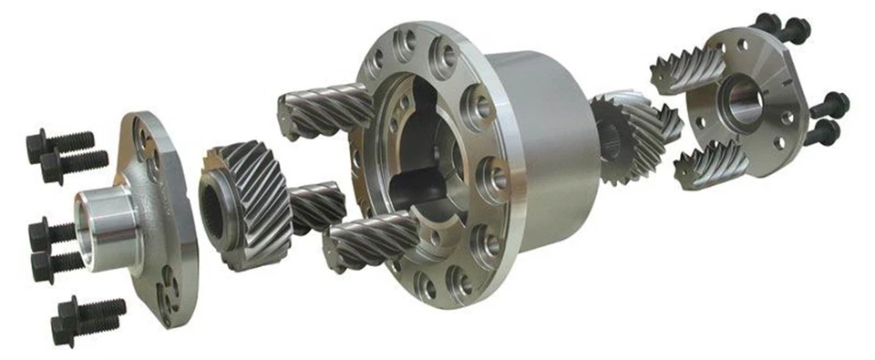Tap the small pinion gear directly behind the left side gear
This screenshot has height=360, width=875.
point(315,205)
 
